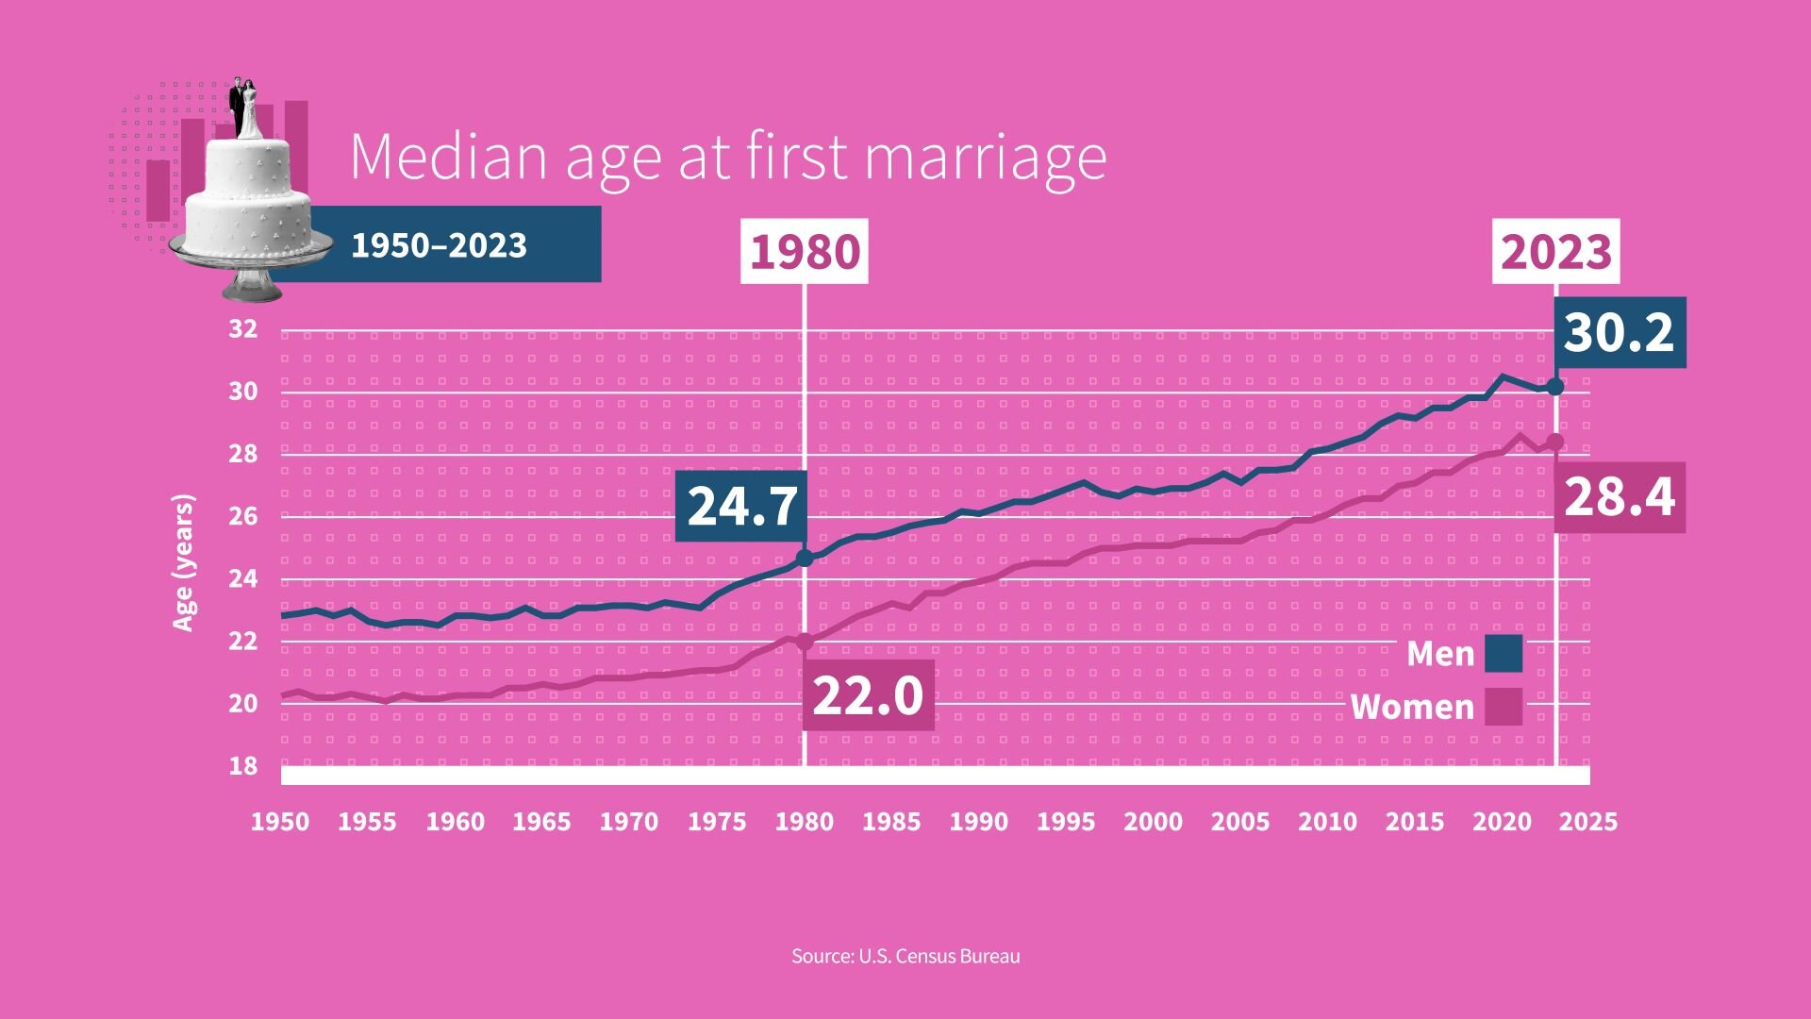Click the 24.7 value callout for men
tap(742, 507)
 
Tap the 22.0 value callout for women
tap(868, 695)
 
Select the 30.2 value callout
tap(1619, 333)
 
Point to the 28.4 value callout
tap(1619, 497)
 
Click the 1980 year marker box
tap(805, 252)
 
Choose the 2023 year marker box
tap(1555, 252)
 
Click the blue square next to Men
tap(1504, 653)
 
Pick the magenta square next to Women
tap(1504, 707)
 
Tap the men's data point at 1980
tap(805, 558)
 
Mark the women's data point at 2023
tap(1555, 443)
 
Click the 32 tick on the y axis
tap(242, 329)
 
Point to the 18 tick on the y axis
tap(242, 766)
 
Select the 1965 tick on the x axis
tap(541, 822)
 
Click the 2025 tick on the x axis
tap(1588, 822)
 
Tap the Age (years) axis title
tap(183, 562)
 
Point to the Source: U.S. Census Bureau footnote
tap(905, 956)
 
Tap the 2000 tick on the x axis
tap(1153, 822)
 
